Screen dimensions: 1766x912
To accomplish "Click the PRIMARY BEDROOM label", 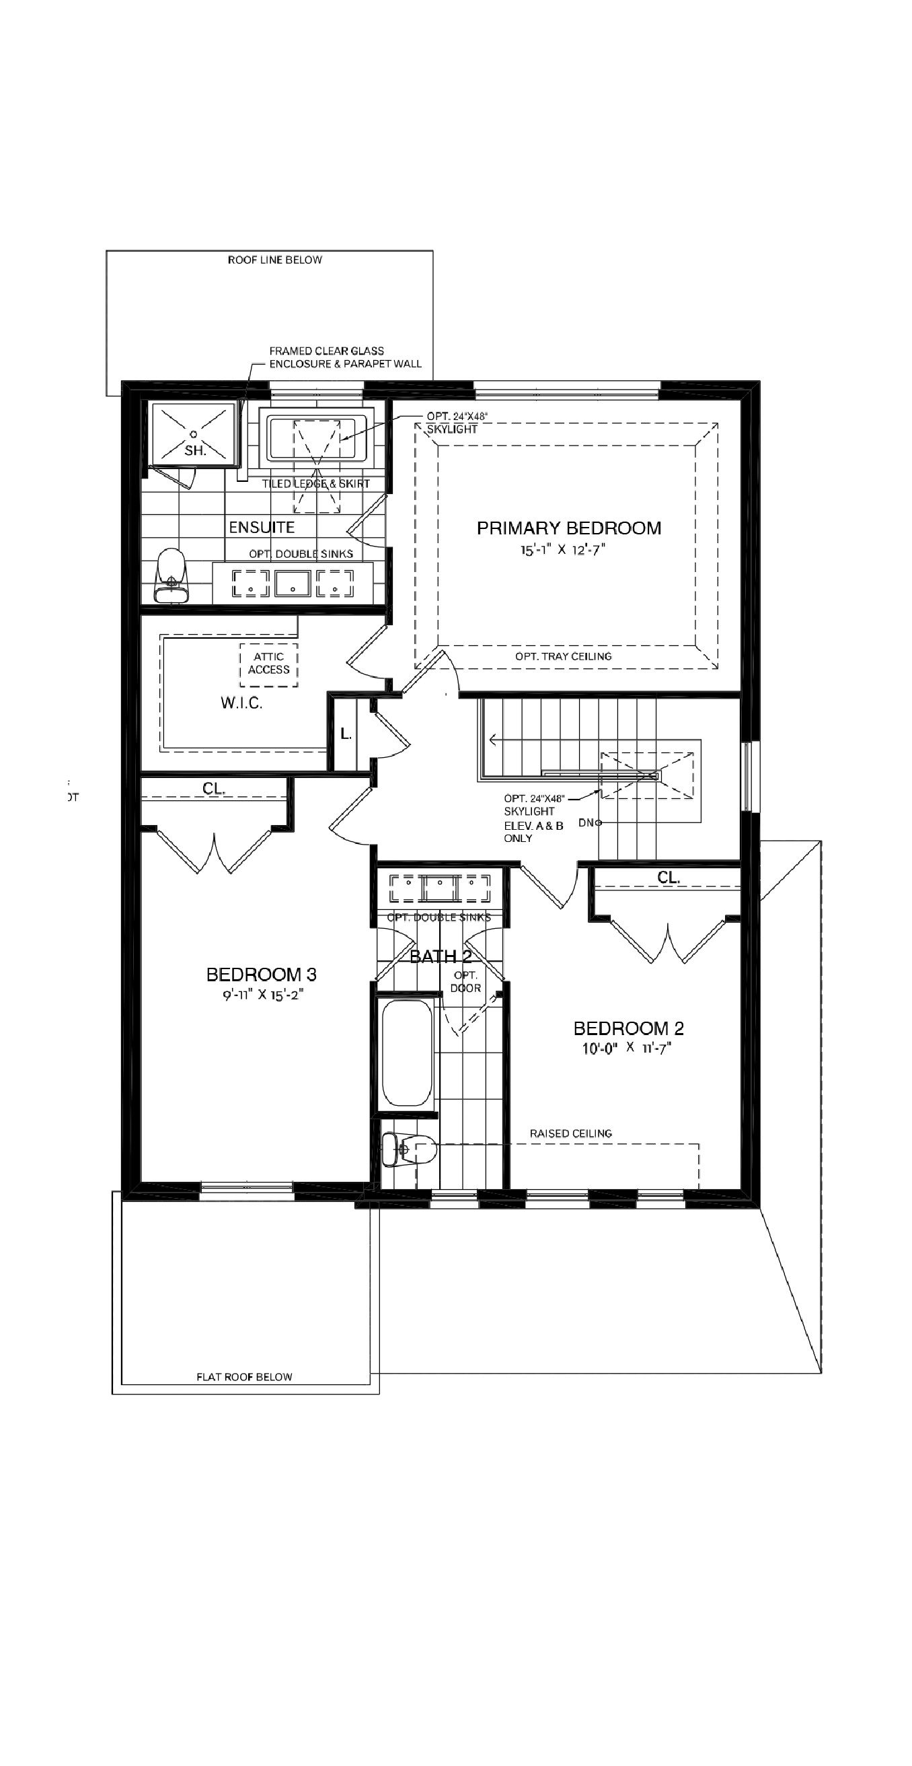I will [569, 528].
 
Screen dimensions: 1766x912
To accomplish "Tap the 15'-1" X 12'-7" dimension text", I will [562, 550].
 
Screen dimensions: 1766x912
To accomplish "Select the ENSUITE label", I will [262, 527].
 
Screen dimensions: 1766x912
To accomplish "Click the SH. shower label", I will [195, 450].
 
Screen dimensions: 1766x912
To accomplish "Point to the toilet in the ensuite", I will [171, 575].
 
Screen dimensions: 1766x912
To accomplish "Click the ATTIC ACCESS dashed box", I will [268, 664].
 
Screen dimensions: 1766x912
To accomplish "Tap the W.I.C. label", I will [241, 703].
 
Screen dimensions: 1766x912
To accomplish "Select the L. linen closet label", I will [346, 734].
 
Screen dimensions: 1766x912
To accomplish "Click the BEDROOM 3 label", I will [261, 974].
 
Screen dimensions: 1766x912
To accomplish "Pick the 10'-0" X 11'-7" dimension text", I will [626, 1048].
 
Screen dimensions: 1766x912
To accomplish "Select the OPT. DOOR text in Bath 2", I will [466, 982].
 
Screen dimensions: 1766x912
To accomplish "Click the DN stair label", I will [586, 822].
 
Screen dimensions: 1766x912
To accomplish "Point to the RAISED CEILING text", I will [571, 1133].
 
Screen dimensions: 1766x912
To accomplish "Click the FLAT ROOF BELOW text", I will [244, 1376].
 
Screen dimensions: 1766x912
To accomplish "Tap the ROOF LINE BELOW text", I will [275, 260].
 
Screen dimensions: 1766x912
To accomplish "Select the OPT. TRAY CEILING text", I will [563, 656].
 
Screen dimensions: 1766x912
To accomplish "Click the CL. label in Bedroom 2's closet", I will [668, 878].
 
